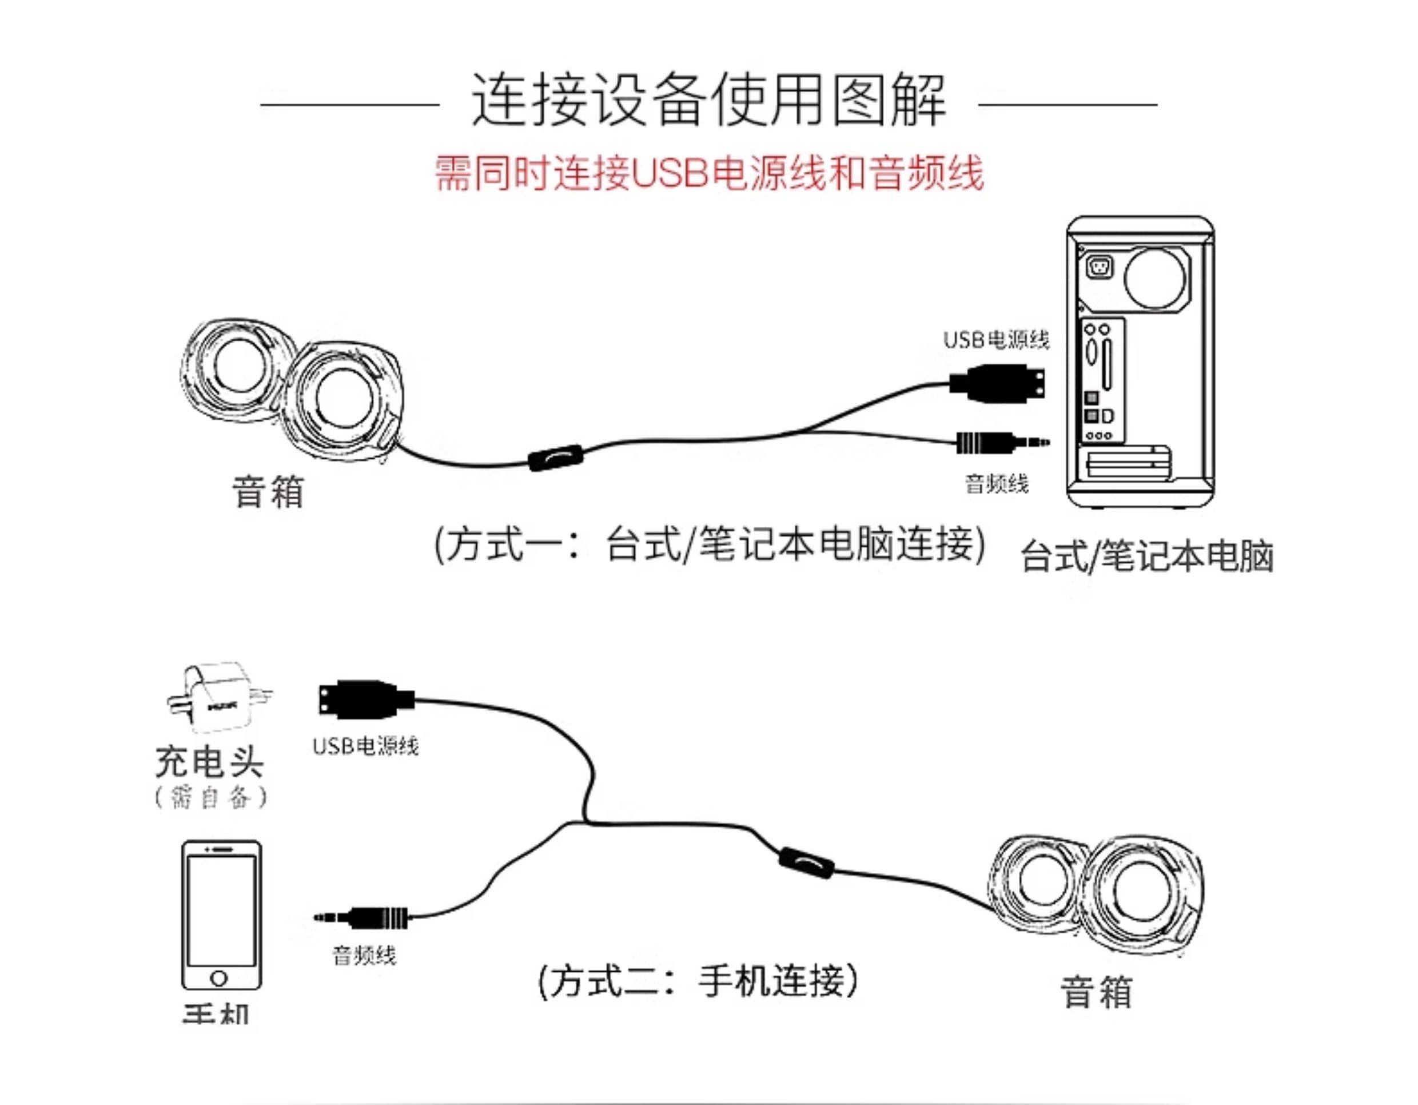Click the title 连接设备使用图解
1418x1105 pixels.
(x=708, y=101)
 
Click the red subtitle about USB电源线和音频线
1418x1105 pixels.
(x=708, y=173)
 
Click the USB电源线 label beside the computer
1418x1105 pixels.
(x=995, y=340)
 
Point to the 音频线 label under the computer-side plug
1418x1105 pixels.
(x=997, y=484)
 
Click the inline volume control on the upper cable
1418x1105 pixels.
(x=555, y=458)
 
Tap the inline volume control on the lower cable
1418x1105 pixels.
(x=805, y=862)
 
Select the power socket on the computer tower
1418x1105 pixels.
(x=1098, y=267)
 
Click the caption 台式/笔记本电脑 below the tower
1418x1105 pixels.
(x=1146, y=556)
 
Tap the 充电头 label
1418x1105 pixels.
(x=209, y=761)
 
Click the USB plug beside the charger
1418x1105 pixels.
(x=364, y=699)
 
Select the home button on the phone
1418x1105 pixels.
(x=220, y=977)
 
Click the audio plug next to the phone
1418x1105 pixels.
(x=364, y=917)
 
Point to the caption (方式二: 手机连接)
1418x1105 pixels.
(x=698, y=981)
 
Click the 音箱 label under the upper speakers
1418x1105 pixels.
(x=268, y=492)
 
